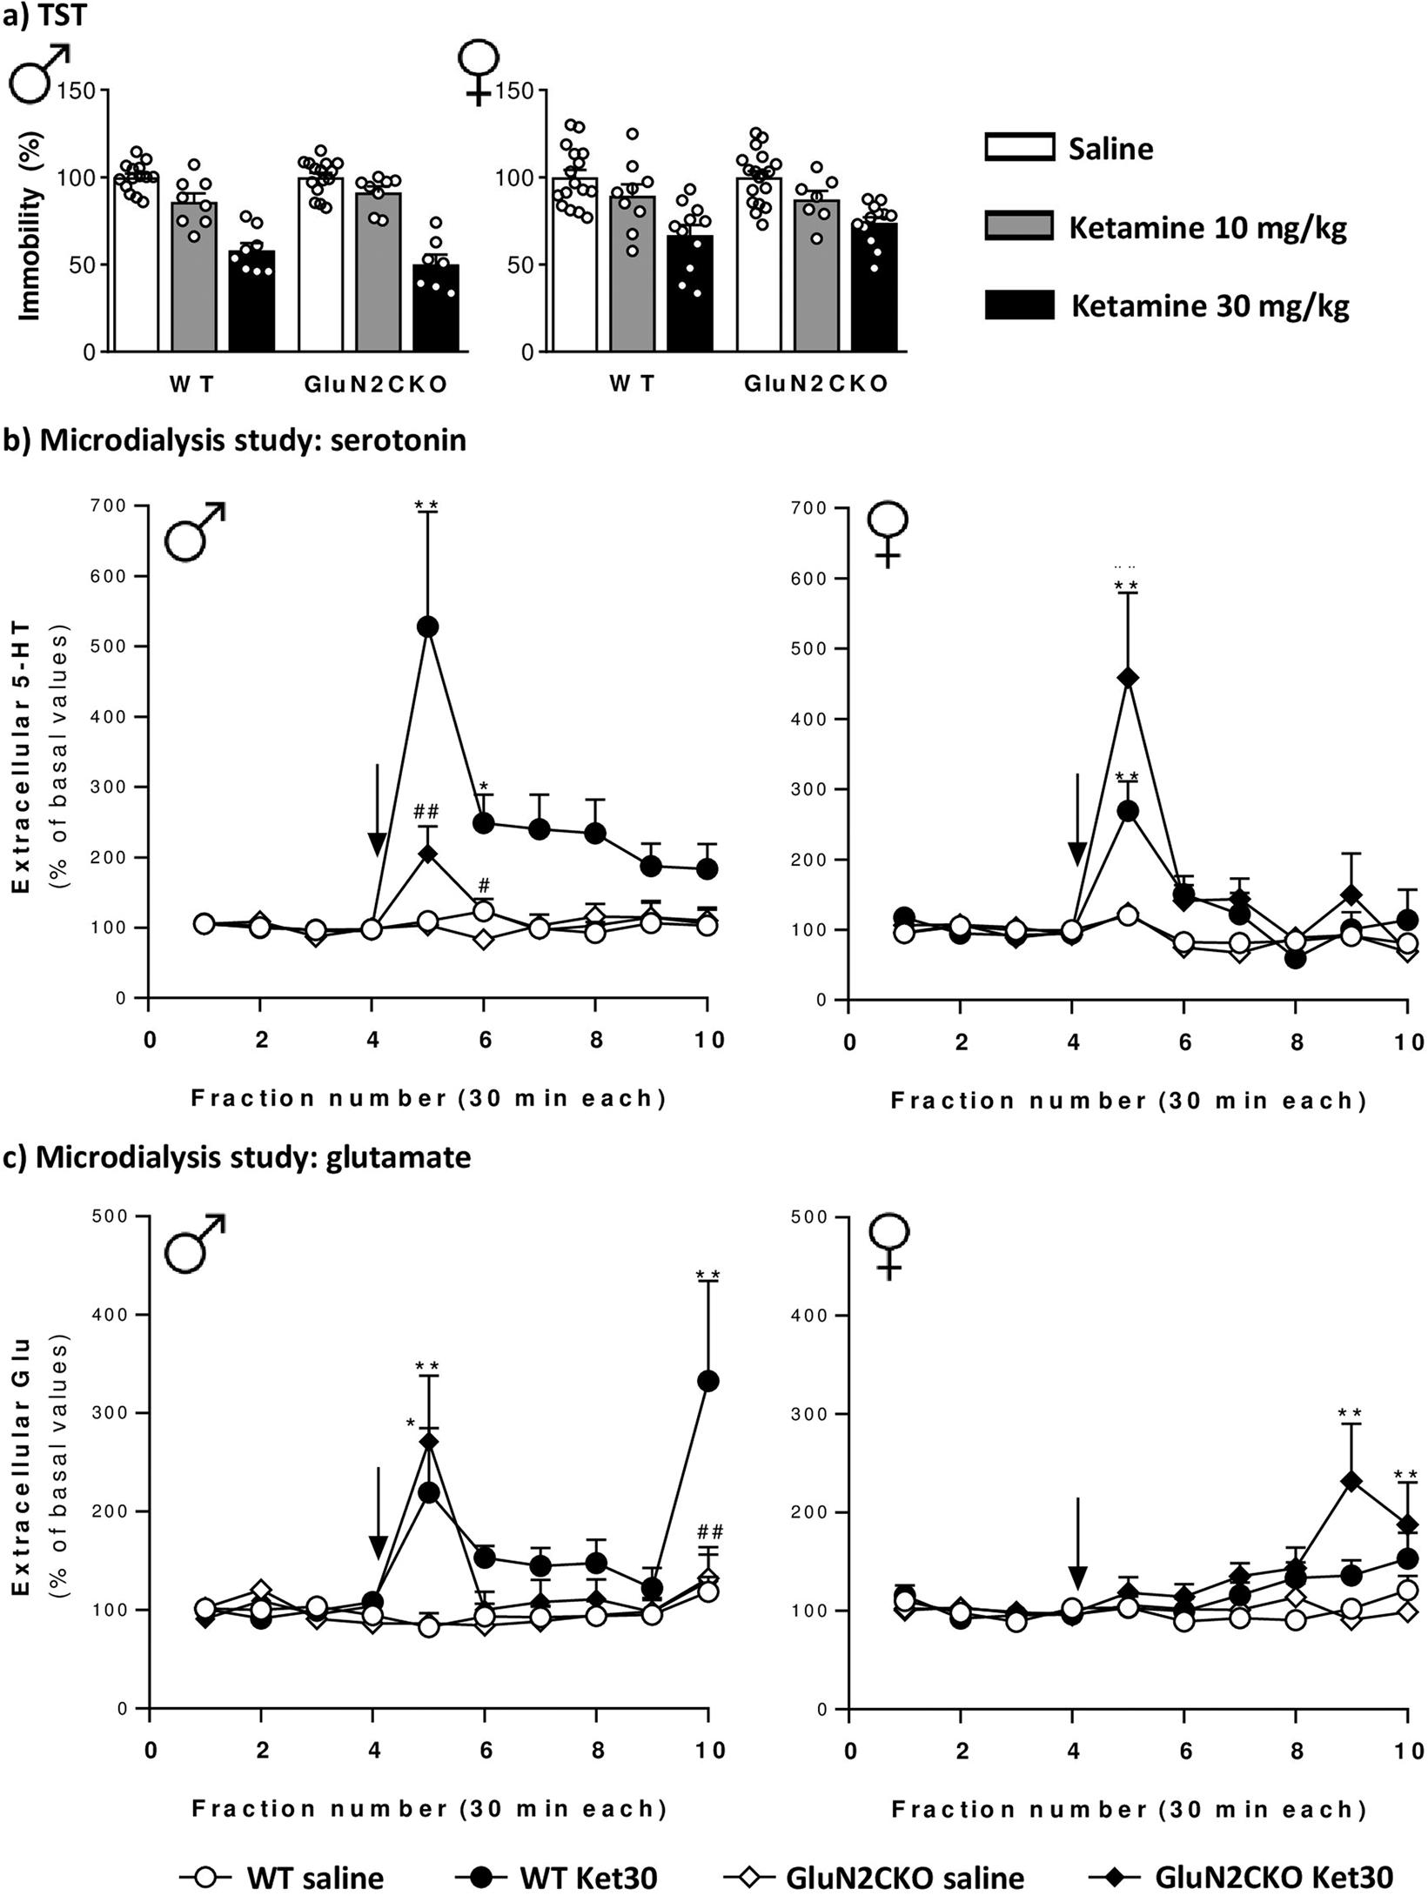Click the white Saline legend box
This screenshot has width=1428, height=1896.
pos(1019,148)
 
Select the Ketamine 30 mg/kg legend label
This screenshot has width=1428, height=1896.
pos(1210,306)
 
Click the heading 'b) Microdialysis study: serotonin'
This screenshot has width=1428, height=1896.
pos(236,440)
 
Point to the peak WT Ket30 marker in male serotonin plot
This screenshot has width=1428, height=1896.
pos(428,626)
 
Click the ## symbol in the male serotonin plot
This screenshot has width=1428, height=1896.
pos(426,812)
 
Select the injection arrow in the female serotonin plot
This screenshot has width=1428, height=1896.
pos(1077,818)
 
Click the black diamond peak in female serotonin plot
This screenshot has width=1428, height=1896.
pos(1128,678)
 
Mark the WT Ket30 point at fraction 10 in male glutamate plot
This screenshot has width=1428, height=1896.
pos(708,1381)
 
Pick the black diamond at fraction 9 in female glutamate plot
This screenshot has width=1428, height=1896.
pos(1351,1481)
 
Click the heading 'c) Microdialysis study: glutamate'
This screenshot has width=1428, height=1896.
pos(238,1157)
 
